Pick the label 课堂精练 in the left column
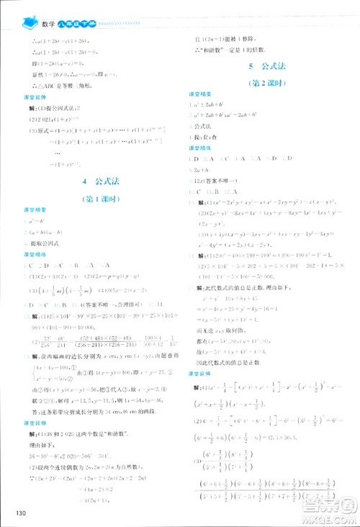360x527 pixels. (35, 255)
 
